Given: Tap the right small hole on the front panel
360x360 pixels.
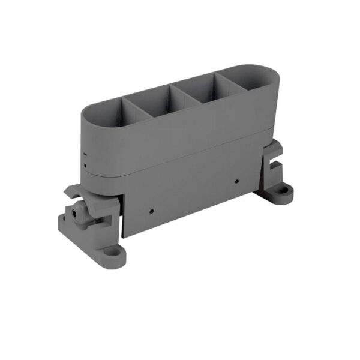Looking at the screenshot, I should pos(237,180).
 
